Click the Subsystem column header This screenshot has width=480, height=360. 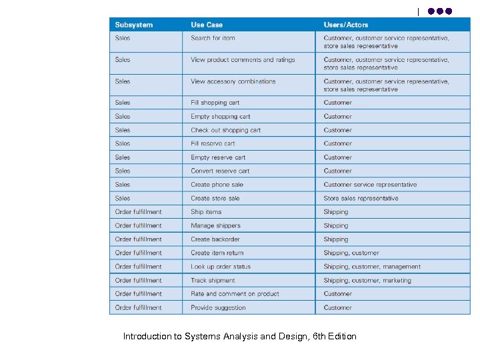point(133,25)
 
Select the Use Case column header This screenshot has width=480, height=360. point(207,25)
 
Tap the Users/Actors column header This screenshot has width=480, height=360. point(345,25)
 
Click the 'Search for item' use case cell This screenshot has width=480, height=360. point(213,38)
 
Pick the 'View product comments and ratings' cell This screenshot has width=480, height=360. point(243,60)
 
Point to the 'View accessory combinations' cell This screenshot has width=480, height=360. point(233,81)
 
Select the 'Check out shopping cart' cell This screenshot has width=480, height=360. point(225,130)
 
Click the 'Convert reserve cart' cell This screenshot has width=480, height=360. point(220,171)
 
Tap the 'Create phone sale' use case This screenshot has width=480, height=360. point(217,185)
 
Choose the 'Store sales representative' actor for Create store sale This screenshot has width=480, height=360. point(361,199)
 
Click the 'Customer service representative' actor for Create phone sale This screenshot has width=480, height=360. point(370,185)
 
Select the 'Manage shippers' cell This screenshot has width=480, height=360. point(215,226)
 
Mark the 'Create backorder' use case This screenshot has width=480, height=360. point(215,239)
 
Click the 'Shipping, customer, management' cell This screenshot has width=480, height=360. point(372,267)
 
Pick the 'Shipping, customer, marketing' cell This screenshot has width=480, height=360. point(367,281)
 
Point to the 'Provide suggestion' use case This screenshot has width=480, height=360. point(218,308)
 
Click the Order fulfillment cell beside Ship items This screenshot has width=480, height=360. point(138,212)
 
